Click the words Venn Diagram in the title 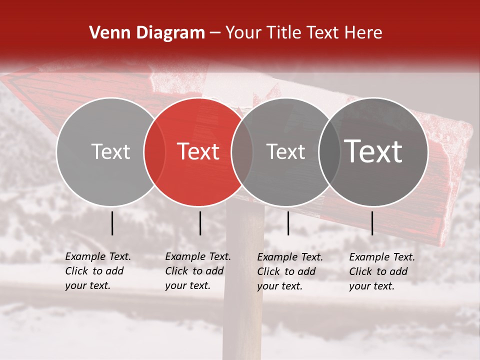147,33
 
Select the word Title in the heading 284,33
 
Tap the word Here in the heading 363,33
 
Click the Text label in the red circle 198,151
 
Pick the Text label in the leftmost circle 111,151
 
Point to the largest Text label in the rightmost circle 373,151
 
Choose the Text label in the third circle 286,151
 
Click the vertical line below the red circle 200,223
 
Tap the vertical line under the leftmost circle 112,223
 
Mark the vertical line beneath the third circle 288,223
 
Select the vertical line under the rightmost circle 372,223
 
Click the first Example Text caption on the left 97,271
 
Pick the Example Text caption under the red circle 197,271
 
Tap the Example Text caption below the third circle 289,271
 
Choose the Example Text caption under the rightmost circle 381,271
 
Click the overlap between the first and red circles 154,151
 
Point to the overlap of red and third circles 242,151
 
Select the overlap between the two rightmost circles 329,151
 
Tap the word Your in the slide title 244,33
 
